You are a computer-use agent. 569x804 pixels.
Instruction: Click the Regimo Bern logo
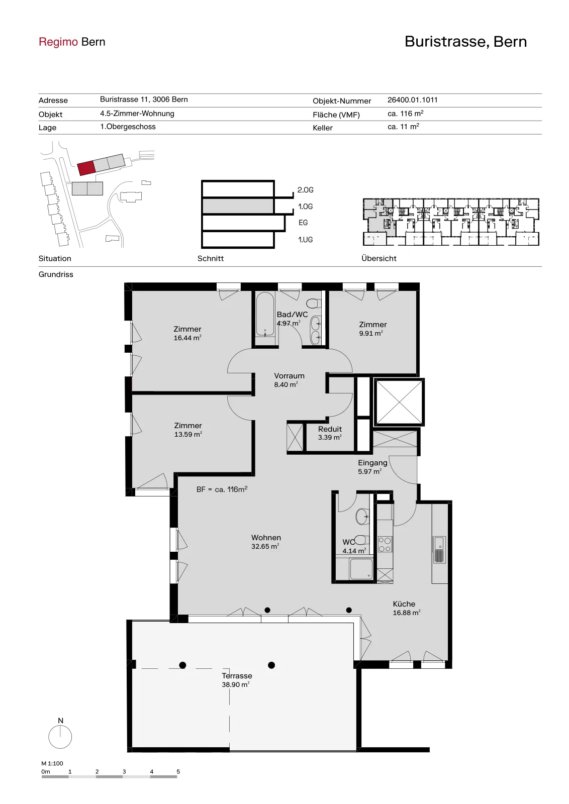tap(72, 42)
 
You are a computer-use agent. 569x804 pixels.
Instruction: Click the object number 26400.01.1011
tap(413, 100)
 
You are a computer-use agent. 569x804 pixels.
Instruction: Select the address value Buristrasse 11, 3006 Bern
tap(144, 99)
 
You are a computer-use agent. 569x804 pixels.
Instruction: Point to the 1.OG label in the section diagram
tap(305, 207)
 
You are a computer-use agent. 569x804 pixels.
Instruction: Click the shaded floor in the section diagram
tap(238, 206)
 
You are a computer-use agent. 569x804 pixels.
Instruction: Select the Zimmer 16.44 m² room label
tap(187, 333)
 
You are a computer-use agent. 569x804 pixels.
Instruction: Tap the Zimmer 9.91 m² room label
tap(372, 329)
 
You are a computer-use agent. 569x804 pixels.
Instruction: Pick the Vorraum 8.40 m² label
tap(289, 380)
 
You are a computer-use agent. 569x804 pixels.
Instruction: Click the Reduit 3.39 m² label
tap(330, 433)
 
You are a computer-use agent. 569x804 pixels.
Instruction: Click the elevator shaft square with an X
tap(399, 402)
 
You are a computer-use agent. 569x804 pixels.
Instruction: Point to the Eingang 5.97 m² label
tap(372, 467)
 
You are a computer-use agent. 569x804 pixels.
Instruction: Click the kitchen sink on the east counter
tap(439, 550)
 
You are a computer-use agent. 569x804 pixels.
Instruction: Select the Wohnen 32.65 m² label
tap(266, 542)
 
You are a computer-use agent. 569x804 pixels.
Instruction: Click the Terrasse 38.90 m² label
tap(237, 680)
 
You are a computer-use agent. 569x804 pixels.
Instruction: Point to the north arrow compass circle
tap(60, 737)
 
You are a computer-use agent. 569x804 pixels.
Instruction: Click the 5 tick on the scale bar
tap(178, 771)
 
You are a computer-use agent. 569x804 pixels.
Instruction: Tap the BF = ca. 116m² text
tap(222, 489)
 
